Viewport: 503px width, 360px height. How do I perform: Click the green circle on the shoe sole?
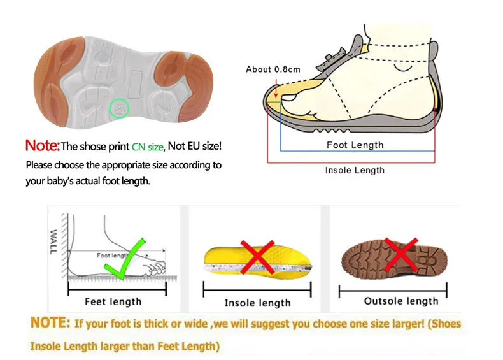coord(119,108)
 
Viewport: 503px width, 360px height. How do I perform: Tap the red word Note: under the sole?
coord(43,145)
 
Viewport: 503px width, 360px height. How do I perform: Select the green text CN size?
coord(148,147)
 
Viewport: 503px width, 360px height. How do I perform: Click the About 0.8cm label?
coord(273,69)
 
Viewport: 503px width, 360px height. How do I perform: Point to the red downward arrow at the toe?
coord(276,89)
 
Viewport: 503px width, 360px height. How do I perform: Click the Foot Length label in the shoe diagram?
coord(355,145)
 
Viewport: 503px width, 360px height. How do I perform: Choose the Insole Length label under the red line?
coord(355,170)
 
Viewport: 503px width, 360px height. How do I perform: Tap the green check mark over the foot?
coord(125,259)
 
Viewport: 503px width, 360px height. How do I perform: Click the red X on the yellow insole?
coord(257,257)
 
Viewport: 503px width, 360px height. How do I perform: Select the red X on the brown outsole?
coord(400,255)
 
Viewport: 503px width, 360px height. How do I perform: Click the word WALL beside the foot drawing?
coord(53,242)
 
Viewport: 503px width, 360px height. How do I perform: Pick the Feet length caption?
coord(113,302)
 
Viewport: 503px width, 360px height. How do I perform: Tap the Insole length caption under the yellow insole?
coord(258,303)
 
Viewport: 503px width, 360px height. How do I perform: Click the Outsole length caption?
coord(401,301)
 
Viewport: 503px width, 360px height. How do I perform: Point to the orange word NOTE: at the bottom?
coord(50,322)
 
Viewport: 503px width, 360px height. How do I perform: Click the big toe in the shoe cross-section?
coord(290,97)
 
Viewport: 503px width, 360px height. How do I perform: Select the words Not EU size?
coord(195,146)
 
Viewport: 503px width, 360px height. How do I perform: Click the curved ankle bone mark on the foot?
coord(403,68)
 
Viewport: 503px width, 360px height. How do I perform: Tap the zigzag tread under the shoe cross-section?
coord(332,131)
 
